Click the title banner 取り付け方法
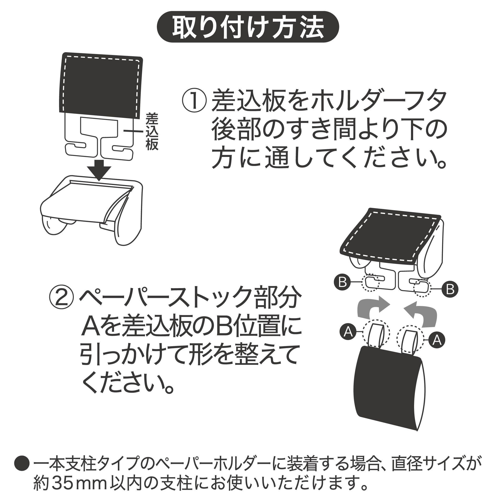click(248, 27)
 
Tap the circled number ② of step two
click(61, 299)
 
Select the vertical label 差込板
click(152, 131)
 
